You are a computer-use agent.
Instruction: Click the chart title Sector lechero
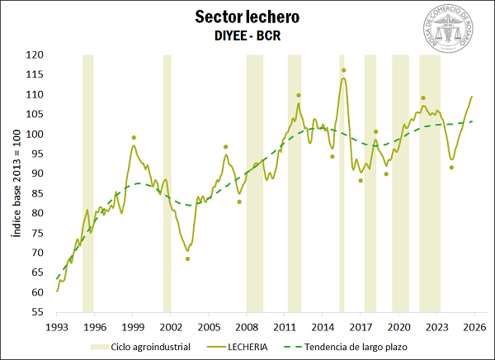[x=247, y=17]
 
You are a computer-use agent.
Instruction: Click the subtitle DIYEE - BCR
[x=247, y=36]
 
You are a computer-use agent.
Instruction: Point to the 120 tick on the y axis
[x=34, y=55]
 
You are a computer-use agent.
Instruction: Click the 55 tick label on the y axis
[x=37, y=312]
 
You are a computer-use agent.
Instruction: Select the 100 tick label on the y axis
[x=34, y=135]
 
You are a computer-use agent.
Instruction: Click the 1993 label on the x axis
[x=56, y=327]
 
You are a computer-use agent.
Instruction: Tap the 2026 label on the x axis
[x=474, y=327]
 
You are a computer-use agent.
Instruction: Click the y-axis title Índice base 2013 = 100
[x=15, y=183]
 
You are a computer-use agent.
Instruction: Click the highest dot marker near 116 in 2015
[x=343, y=70]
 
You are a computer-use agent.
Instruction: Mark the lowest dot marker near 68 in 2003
[x=187, y=258]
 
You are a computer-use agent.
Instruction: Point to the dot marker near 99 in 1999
[x=134, y=138]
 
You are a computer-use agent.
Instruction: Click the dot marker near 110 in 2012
[x=299, y=95]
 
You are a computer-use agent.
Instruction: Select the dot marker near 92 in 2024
[x=451, y=168]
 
